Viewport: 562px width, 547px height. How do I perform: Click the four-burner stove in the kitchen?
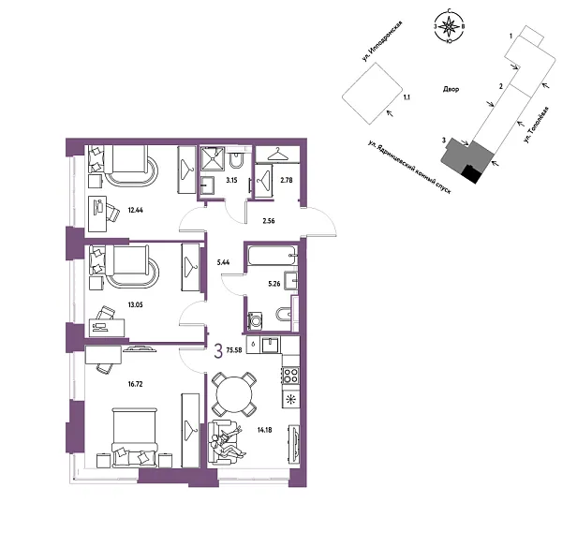click(x=289, y=374)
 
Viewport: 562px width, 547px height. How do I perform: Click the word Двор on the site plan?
click(x=448, y=92)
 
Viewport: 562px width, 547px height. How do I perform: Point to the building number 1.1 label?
click(x=406, y=96)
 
